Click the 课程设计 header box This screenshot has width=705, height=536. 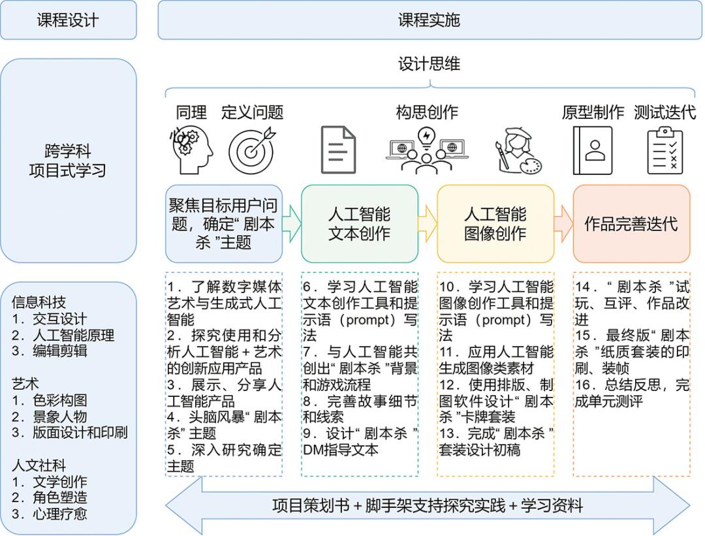(69, 20)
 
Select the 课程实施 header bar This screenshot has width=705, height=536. (430, 20)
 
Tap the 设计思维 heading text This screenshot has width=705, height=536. (429, 64)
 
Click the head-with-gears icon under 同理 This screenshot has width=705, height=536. (191, 150)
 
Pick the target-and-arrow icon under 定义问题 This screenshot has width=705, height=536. (252, 150)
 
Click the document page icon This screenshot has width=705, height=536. (339, 150)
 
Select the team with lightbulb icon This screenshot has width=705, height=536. (427, 150)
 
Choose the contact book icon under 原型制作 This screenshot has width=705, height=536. (593, 150)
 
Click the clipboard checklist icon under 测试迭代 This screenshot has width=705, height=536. (665, 150)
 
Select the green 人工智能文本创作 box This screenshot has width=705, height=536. (360, 223)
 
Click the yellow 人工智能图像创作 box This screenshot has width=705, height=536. (495, 223)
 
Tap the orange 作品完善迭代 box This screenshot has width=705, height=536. (631, 223)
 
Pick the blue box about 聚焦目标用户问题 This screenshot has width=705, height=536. (224, 223)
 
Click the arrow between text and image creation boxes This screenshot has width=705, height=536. (428, 223)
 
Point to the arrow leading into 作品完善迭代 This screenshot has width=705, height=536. (564, 223)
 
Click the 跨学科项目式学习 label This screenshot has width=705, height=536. (67, 161)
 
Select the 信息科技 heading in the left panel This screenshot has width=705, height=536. (39, 302)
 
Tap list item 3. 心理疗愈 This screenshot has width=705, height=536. (50, 514)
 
